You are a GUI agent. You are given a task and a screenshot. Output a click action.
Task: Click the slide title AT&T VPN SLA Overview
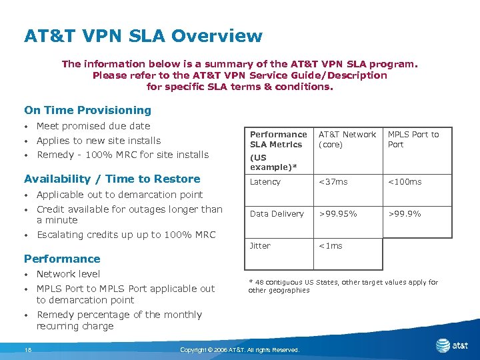click(143, 35)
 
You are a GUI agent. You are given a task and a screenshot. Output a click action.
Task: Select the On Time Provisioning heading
click(87, 110)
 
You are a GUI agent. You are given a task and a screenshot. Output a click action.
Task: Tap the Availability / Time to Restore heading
click(112, 179)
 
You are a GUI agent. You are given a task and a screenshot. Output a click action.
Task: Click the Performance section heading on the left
click(62, 259)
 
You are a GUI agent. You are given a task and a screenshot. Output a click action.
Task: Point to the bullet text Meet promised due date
click(93, 126)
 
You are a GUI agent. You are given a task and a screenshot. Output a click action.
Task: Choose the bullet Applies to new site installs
click(98, 141)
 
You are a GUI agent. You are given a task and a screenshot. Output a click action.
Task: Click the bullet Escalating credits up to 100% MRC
click(126, 235)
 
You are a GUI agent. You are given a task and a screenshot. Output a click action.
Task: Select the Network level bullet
click(68, 274)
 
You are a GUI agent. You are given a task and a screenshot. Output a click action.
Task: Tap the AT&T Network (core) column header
click(347, 139)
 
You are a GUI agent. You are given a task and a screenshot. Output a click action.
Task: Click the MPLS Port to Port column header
click(413, 139)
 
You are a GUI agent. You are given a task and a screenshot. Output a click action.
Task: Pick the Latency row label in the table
click(265, 182)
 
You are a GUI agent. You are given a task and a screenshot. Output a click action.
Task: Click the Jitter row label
click(260, 246)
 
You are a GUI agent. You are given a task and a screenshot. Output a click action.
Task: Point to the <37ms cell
click(333, 182)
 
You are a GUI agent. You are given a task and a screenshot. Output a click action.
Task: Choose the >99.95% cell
click(338, 214)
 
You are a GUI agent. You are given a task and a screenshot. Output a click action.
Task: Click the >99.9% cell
click(405, 214)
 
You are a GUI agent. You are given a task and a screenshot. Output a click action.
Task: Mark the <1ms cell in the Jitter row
click(331, 246)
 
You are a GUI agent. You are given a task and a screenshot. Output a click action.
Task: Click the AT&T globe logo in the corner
click(443, 345)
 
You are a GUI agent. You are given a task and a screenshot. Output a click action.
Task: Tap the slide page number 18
click(28, 349)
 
